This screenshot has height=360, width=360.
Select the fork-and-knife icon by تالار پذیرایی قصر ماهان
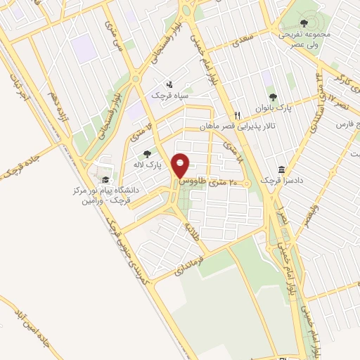click(x=238, y=116)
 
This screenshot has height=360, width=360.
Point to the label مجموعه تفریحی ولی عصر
click(x=304, y=38)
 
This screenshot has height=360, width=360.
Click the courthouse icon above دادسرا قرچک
click(x=281, y=170)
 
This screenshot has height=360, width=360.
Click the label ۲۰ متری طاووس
click(x=209, y=181)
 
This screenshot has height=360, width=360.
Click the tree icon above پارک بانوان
click(x=272, y=98)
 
